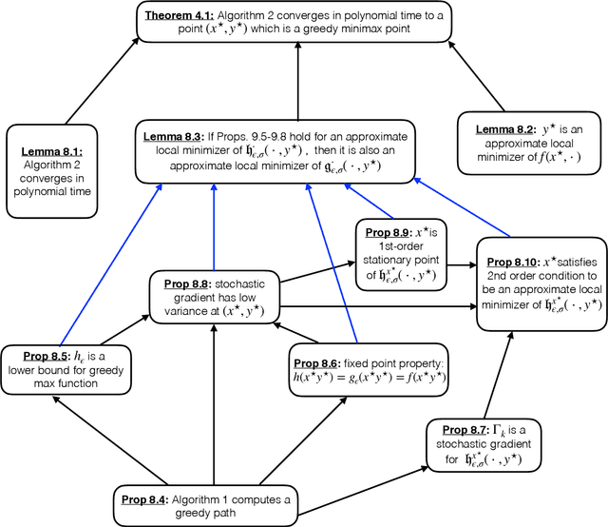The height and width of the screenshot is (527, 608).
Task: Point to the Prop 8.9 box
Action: pyautogui.click(x=399, y=254)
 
